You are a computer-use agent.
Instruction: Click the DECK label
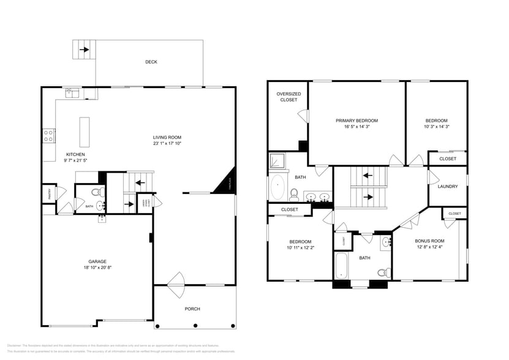tap(151, 62)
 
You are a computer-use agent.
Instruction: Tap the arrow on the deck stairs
tap(84, 50)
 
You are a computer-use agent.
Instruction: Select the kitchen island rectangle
tap(85, 131)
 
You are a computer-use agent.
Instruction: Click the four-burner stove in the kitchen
tap(49, 135)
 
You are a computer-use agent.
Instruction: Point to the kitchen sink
tap(73, 94)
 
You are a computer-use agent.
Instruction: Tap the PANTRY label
tap(49, 193)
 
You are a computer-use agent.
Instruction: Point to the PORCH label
tap(192, 309)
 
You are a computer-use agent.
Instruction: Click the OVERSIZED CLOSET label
tap(287, 97)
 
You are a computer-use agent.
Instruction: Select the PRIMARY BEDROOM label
tap(356, 121)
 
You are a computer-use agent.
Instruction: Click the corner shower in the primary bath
tap(279, 160)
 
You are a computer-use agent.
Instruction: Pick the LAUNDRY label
tap(447, 186)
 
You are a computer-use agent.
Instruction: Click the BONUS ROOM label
tap(429, 241)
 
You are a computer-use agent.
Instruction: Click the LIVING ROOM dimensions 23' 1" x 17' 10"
tap(167, 144)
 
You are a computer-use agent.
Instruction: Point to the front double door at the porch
tap(177, 280)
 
